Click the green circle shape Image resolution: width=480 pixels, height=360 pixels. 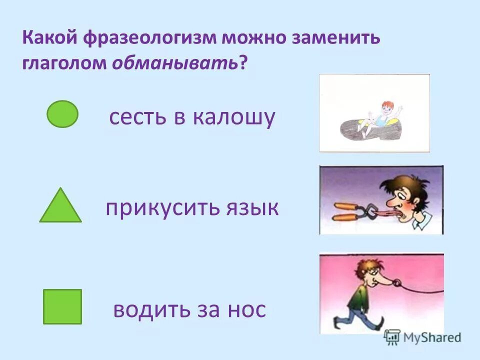[x=62, y=114]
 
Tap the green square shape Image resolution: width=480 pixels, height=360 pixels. [x=62, y=306]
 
